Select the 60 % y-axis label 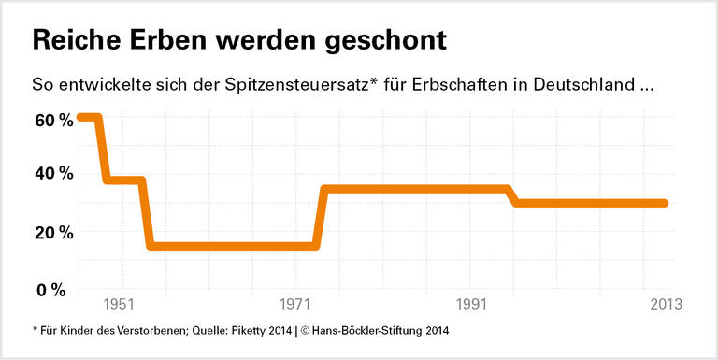pos(52,121)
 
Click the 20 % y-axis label pos(52,232)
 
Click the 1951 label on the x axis pos(120,305)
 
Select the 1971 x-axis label pos(295,305)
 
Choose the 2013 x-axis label pos(666,305)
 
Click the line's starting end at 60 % pos(81,117)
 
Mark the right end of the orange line pos(664,203)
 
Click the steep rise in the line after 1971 pos(321,217)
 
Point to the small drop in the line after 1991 pos(512,196)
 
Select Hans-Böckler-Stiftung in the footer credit pos(358,330)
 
